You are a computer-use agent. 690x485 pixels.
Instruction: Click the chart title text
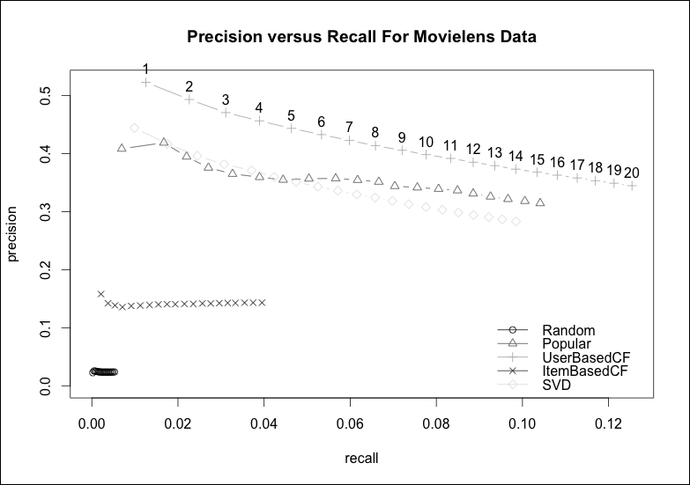point(361,38)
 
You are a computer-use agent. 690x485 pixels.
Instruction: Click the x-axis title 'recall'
point(361,458)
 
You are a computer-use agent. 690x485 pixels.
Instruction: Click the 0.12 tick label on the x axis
point(609,423)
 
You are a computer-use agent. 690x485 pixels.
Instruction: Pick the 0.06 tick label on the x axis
point(350,423)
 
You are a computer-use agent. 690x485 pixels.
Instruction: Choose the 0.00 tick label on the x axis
point(92,423)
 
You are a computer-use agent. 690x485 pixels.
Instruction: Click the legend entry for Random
point(564,330)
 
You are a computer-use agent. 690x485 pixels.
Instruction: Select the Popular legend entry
point(567,343)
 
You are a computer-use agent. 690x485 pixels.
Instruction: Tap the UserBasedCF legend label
point(587,357)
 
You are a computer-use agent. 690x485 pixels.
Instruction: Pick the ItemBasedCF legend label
point(586,371)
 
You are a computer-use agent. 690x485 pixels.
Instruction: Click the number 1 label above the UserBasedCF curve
point(145,69)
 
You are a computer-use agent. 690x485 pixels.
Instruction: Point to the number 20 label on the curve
point(630,172)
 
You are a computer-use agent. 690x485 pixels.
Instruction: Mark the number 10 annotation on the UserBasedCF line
point(426,142)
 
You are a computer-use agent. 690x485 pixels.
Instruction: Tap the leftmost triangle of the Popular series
point(122,149)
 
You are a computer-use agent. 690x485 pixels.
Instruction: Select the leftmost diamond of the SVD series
point(134,128)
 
